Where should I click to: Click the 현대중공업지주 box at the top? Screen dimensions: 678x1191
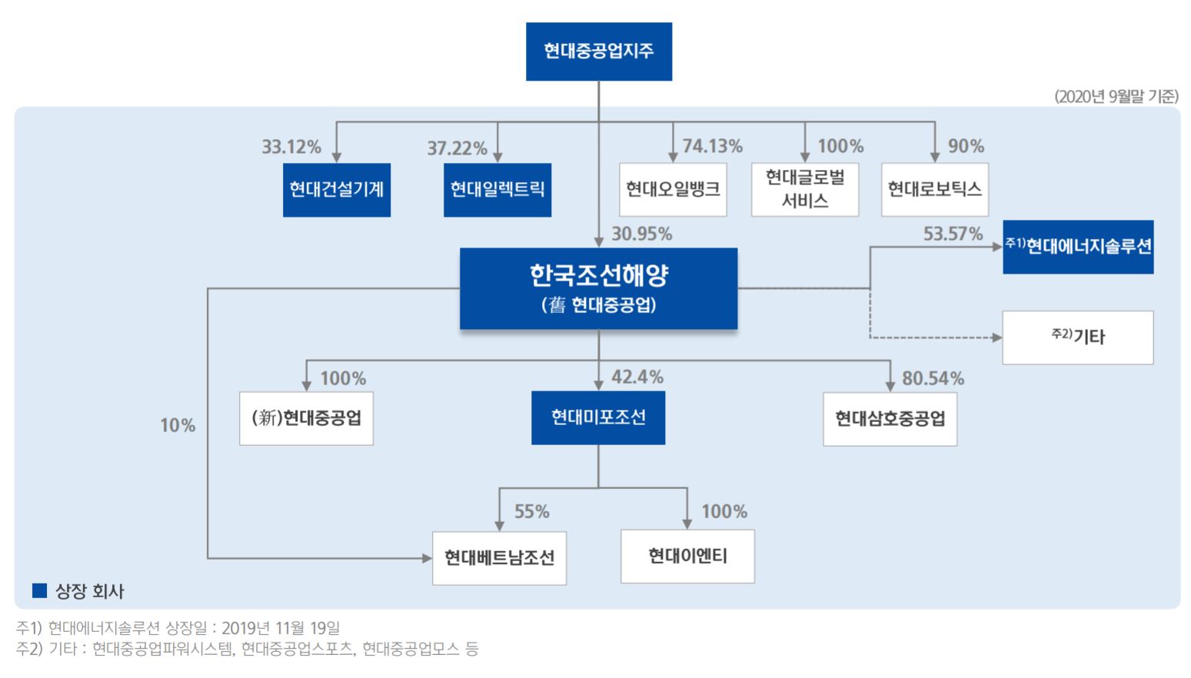click(598, 52)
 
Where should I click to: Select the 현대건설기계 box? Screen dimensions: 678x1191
click(336, 189)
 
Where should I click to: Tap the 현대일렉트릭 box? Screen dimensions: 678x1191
click(497, 189)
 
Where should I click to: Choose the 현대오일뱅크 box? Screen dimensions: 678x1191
click(673, 189)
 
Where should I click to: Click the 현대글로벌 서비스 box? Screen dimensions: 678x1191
click(804, 189)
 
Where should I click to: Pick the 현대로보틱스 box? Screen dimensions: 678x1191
click(934, 189)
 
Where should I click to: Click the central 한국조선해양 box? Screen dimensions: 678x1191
click(598, 288)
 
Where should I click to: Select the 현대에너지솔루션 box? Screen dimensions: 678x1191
click(1078, 247)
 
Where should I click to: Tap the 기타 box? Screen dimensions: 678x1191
click(1078, 337)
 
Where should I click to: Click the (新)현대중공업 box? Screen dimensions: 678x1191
click(306, 418)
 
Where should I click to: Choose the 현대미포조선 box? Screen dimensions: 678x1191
click(598, 417)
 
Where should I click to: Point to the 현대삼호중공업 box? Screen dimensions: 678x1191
click(890, 419)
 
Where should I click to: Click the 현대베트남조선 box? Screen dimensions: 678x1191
click(499, 557)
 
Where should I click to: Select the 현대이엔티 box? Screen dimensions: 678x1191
click(687, 556)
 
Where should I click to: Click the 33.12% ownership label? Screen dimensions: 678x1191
click(291, 147)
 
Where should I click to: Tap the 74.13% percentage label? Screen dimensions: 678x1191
click(712, 146)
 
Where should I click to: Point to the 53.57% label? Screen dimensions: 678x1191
click(953, 234)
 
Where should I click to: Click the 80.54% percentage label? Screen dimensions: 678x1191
click(933, 378)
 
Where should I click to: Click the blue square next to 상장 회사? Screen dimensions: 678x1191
click(39, 590)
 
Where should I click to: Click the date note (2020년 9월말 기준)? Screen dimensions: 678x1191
click(1116, 96)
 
